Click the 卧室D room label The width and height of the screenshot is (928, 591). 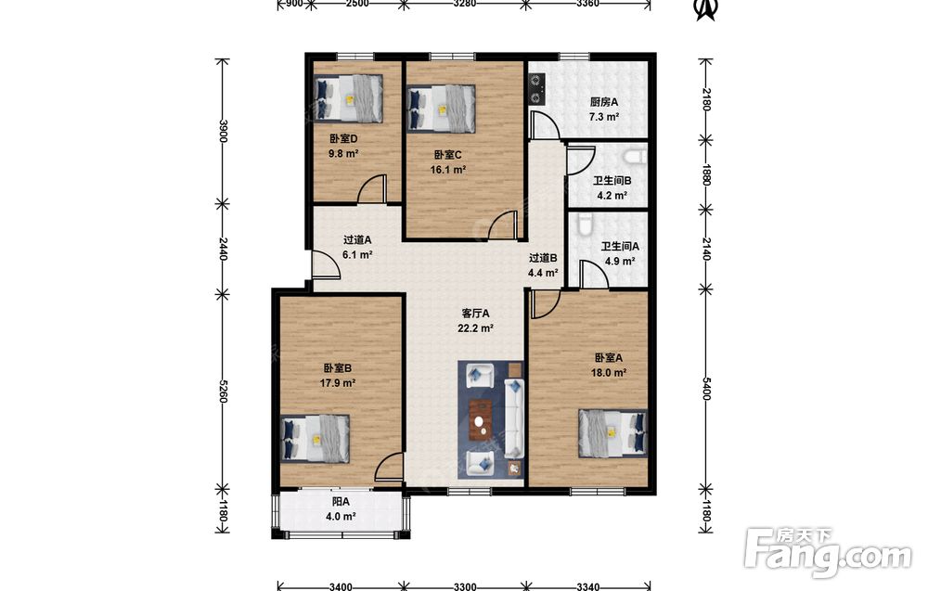pyautogui.click(x=343, y=139)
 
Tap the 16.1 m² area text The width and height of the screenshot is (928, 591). pyautogui.click(x=448, y=170)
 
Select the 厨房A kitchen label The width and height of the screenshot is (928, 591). pyautogui.click(x=604, y=102)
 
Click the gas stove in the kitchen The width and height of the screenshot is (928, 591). pyautogui.click(x=536, y=88)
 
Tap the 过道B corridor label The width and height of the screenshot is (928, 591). pyautogui.click(x=543, y=258)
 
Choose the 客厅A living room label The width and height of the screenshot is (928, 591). pyautogui.click(x=475, y=314)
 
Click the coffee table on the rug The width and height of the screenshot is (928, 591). pyautogui.click(x=481, y=420)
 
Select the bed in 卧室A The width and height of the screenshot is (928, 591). pyautogui.click(x=612, y=433)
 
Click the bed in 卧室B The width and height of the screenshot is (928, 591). pyautogui.click(x=315, y=438)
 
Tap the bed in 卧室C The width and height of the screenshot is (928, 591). pyautogui.click(x=442, y=109)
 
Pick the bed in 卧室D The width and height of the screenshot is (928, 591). pyautogui.click(x=348, y=98)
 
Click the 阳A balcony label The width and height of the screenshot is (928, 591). pyautogui.click(x=341, y=502)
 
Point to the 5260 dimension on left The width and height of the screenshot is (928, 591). pyautogui.click(x=223, y=391)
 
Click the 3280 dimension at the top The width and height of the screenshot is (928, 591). pyautogui.click(x=464, y=4)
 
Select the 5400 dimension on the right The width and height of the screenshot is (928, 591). pyautogui.click(x=705, y=388)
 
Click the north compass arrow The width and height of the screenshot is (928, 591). pyautogui.click(x=705, y=9)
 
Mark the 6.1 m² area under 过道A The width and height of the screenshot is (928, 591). pyautogui.click(x=357, y=255)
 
